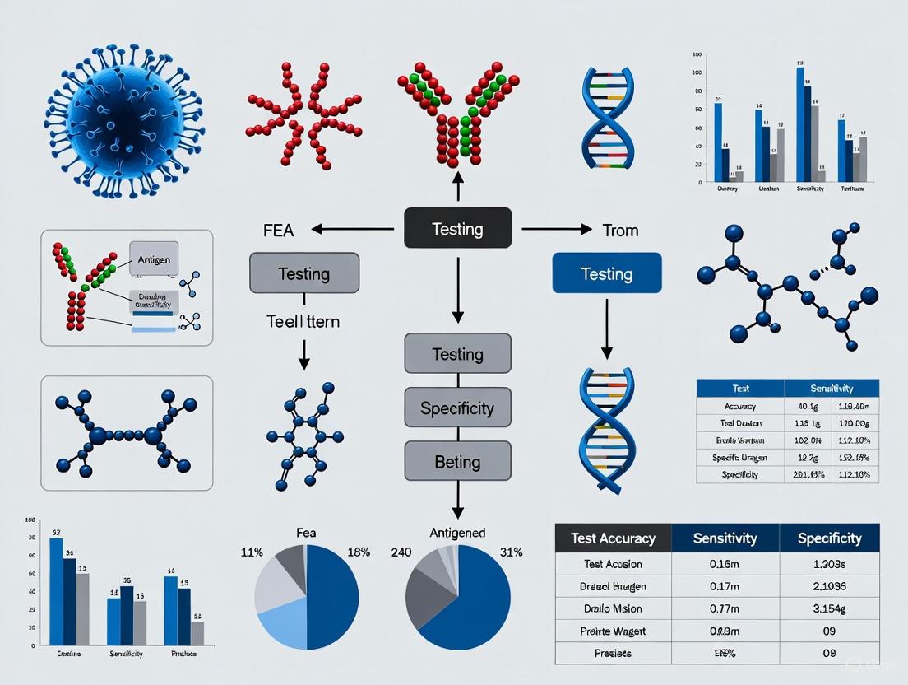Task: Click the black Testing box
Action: point(457,228)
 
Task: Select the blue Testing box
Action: point(606,273)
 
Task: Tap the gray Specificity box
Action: point(457,408)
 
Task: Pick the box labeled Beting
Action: point(457,461)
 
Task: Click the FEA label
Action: point(278,230)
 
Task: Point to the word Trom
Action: point(620,230)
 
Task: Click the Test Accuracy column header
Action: point(614,538)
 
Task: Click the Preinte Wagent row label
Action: point(614,631)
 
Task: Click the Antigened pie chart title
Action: point(457,533)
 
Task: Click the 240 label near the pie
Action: point(401,552)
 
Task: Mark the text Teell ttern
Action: point(303,321)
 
